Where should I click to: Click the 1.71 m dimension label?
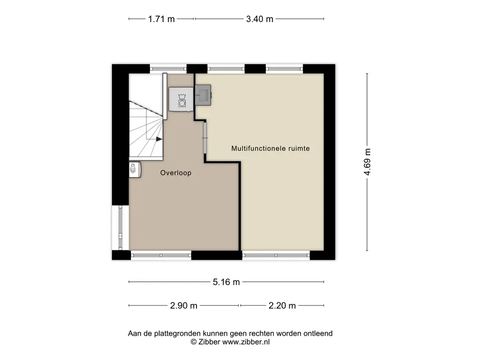coord(161,19)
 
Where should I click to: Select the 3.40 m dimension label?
coord(260,19)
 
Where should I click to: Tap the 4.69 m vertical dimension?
coord(367,162)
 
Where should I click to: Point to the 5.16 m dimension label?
coord(226,282)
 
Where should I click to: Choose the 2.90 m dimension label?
coord(184,306)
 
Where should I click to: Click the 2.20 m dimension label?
coord(282,306)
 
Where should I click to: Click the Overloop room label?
coord(176,173)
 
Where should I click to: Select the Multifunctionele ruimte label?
coord(270,149)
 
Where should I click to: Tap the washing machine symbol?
coord(181,99)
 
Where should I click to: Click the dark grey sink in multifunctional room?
coord(203,95)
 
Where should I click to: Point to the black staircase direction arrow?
coord(159,139)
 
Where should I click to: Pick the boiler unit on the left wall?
coord(135,170)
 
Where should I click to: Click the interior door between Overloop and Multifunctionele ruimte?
coord(205,138)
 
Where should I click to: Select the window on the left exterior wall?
coord(120,227)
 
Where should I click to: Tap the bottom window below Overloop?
coord(161,255)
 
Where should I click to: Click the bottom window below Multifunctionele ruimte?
coord(276,255)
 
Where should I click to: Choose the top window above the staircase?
coord(168,68)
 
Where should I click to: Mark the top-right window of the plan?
coord(285,68)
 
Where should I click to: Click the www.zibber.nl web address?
coord(246,342)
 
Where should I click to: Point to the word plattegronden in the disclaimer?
coord(176,333)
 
